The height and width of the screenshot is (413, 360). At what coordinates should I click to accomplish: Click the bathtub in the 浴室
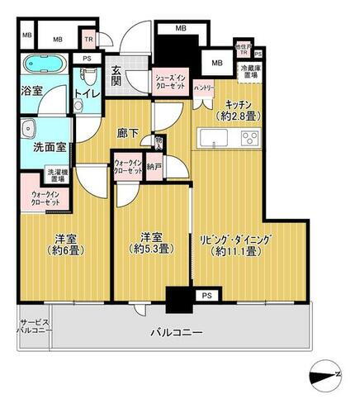coord(43,65)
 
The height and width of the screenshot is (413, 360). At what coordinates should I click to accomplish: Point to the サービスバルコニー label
coord(35,325)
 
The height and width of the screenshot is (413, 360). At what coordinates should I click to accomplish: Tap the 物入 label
coord(159,144)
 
